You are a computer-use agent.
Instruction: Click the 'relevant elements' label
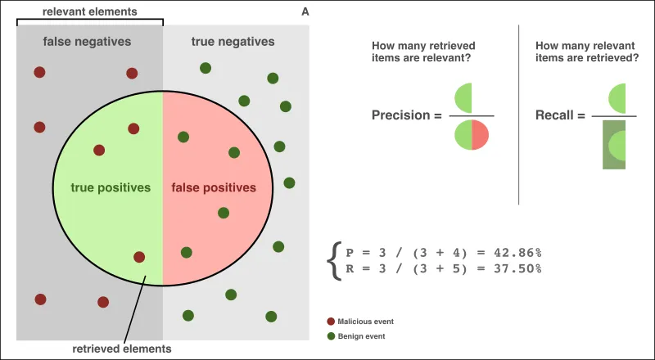[91, 11]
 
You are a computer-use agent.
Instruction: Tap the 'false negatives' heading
[87, 41]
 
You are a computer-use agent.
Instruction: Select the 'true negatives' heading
[233, 41]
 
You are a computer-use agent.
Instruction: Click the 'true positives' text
[111, 187]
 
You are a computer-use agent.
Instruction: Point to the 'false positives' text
[214, 187]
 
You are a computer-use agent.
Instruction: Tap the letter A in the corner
[305, 11]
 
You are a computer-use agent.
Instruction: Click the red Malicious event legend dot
[331, 322]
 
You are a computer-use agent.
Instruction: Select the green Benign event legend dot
[331, 335]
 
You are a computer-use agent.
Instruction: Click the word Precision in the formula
[400, 115]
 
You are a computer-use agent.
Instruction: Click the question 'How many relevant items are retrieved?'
[586, 52]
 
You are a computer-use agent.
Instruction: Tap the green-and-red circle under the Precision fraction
[472, 135]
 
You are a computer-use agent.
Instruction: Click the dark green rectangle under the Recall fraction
[614, 145]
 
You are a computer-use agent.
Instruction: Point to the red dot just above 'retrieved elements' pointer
[139, 257]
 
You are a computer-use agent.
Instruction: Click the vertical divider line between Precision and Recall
[519, 115]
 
